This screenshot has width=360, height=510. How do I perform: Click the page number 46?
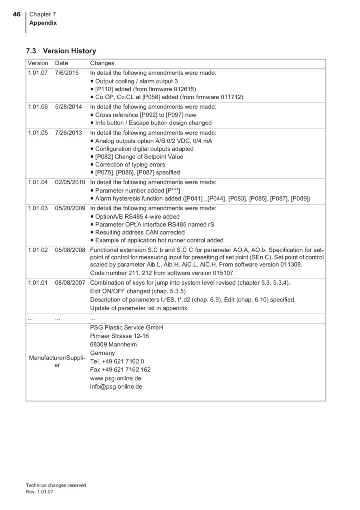click(16, 14)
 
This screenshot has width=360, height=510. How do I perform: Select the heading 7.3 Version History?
click(61, 51)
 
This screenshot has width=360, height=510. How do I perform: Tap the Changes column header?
click(102, 63)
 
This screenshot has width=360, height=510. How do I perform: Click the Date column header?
click(62, 63)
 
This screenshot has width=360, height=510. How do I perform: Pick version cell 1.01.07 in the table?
click(38, 73)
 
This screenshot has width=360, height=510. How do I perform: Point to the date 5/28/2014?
click(68, 107)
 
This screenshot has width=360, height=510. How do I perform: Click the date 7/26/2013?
click(68, 133)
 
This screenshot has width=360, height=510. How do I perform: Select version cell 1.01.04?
click(38, 182)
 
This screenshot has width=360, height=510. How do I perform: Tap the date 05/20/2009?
click(70, 208)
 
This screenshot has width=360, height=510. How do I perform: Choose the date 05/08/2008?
click(70, 250)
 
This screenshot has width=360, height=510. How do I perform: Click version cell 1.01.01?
click(38, 283)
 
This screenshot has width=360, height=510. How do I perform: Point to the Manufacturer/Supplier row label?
click(57, 361)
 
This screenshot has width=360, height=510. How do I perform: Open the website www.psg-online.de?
click(116, 378)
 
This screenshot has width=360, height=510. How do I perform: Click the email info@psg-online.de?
click(116, 387)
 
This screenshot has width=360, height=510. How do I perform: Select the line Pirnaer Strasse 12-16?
click(119, 336)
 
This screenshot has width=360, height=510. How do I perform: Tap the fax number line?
click(120, 369)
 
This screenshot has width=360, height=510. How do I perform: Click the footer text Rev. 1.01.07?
click(39, 492)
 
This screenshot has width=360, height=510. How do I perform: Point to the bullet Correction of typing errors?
click(130, 165)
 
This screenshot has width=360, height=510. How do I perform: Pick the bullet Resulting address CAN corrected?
click(140, 232)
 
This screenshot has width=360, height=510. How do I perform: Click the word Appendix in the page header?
click(43, 23)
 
